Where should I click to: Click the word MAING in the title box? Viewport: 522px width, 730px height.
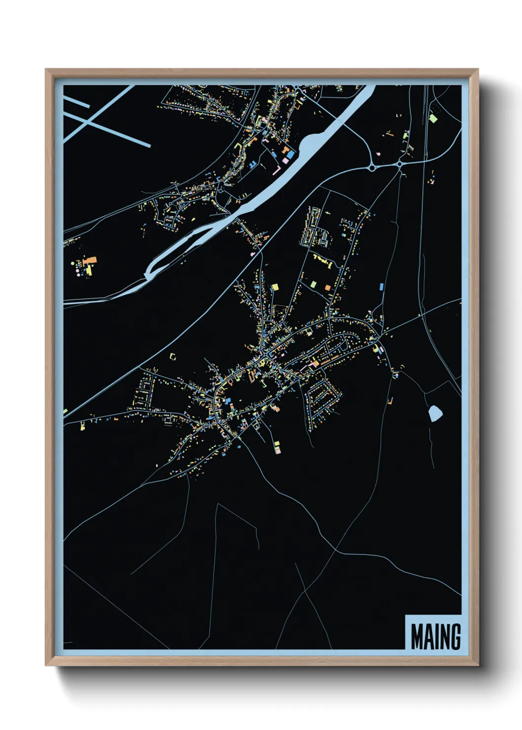pyautogui.click(x=436, y=637)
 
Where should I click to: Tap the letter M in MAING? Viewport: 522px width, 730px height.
pyautogui.click(x=418, y=637)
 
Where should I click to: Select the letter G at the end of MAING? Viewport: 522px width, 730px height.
pyautogui.click(x=454, y=637)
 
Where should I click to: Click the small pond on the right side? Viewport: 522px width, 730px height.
pyautogui.click(x=435, y=413)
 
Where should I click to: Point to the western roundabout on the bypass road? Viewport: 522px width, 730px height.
pyautogui.click(x=372, y=168)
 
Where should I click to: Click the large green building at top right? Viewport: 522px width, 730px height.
pyautogui.click(x=433, y=118)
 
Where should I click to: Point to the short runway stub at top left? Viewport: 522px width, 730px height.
pyautogui.click(x=76, y=102)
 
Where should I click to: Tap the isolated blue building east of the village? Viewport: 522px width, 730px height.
pyautogui.click(x=381, y=286)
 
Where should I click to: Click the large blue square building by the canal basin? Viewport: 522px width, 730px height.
pyautogui.click(x=290, y=154)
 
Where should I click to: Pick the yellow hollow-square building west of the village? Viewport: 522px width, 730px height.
pyautogui.click(x=173, y=356)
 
